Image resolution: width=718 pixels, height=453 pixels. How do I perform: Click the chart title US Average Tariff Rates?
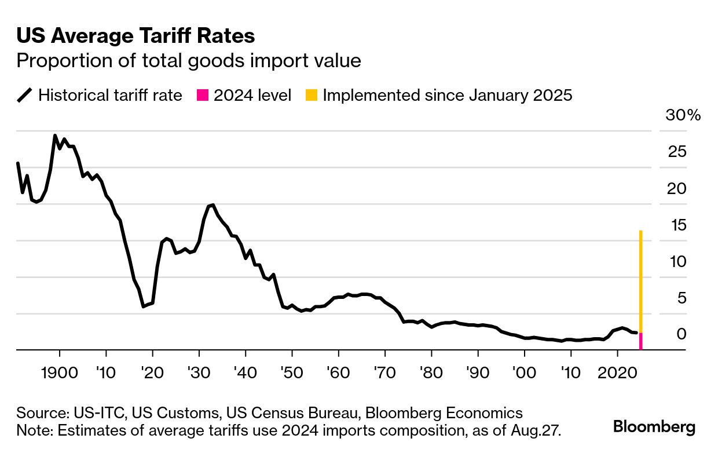coord(135,36)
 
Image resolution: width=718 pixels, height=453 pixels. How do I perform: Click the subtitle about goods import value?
coord(189,61)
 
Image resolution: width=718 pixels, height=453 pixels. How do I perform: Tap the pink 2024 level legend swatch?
coord(203,95)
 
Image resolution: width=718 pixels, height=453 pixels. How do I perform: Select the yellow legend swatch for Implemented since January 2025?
coord(312,95)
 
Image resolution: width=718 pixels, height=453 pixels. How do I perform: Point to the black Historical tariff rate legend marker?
coord(25,95)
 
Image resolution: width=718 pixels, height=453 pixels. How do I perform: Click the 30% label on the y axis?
coord(683,115)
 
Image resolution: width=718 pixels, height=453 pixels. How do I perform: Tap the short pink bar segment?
coord(641,341)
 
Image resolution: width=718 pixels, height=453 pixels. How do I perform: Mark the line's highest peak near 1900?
coord(55,136)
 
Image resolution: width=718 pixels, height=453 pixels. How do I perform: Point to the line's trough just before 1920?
coord(143,306)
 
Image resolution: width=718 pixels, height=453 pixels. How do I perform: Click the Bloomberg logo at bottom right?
coord(654,428)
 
